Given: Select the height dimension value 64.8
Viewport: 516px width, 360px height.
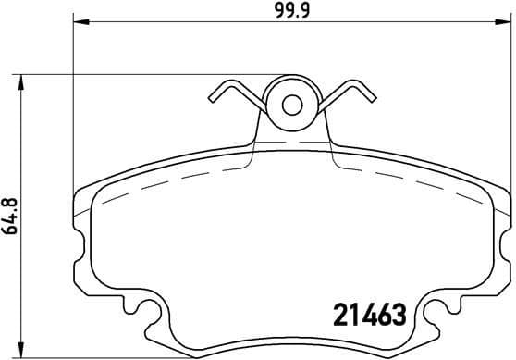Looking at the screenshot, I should [x=11, y=214].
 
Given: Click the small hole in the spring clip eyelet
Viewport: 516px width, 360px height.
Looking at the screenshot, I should [x=291, y=104].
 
